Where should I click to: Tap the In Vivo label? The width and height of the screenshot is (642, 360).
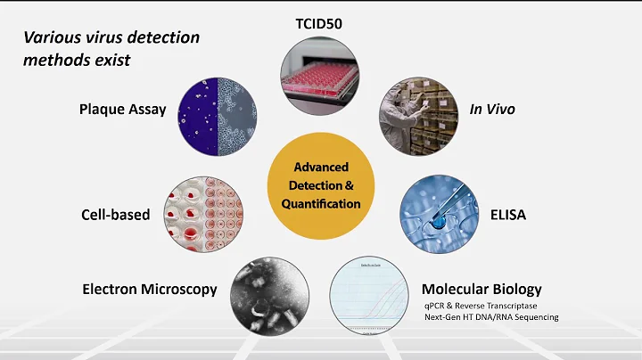(x=492, y=110)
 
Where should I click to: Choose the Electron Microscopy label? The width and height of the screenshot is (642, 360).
(x=150, y=289)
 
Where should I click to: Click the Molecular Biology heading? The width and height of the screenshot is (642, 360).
(x=481, y=289)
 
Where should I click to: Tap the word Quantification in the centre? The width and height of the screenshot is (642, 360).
(x=321, y=203)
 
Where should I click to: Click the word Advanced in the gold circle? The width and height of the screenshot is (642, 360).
(x=321, y=168)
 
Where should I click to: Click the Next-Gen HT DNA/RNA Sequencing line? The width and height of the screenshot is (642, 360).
(x=491, y=317)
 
